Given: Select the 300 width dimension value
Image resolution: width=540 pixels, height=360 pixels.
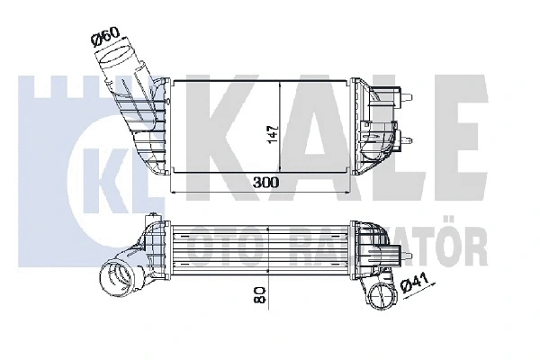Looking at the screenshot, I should (x=265, y=182).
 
